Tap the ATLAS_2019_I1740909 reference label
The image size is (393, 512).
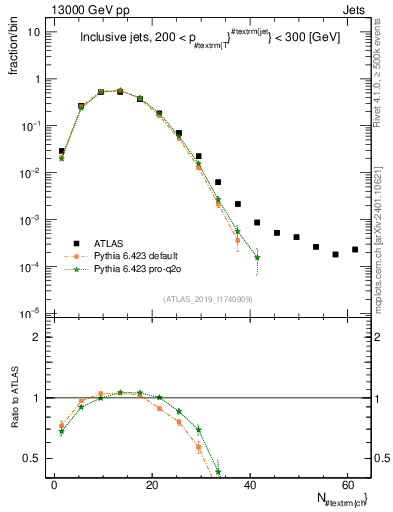(x=208, y=299)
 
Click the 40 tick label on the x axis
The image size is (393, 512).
(x=249, y=484)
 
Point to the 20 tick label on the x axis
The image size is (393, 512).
(x=152, y=484)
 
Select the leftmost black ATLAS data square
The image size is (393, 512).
(x=62, y=151)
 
